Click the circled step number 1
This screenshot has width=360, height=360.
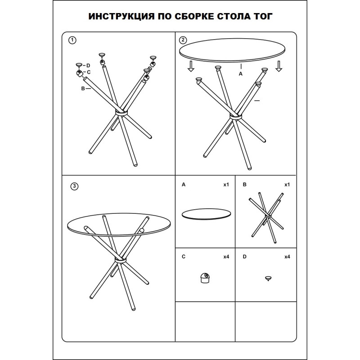click(71, 40)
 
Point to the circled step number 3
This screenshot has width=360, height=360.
click(75, 186)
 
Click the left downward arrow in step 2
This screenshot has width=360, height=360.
click(191, 66)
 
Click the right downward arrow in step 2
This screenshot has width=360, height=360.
click(279, 66)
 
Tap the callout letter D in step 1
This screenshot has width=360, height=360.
click(89, 66)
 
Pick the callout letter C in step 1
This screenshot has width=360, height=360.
click(89, 72)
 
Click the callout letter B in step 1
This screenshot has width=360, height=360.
click(83, 89)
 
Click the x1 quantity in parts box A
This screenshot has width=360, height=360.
click(226, 185)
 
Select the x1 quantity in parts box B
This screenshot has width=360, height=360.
click(287, 185)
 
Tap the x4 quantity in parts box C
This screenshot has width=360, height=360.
click(226, 257)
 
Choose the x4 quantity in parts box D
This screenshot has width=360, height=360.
click(287, 257)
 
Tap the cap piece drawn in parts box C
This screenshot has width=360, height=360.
click(205, 279)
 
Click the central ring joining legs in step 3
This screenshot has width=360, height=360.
click(121, 261)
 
